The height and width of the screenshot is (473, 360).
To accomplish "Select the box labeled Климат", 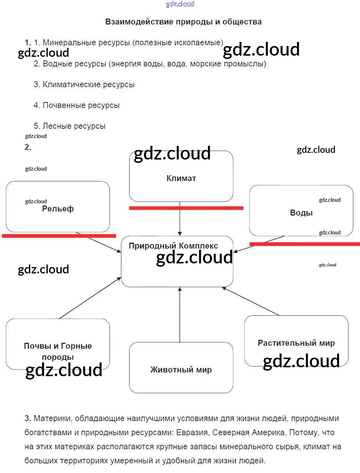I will pos(181,178).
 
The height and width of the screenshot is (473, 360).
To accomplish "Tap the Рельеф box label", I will pos(58,209).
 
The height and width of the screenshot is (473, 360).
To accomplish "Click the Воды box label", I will pos(301,213).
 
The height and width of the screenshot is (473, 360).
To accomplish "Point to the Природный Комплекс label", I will pos(173,246).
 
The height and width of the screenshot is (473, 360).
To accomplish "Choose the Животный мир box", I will pos(181,369).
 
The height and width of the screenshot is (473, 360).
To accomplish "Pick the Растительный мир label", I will pos(296,343).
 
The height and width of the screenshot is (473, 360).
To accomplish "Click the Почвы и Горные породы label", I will pos(58,351).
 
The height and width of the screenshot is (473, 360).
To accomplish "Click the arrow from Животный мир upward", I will pos(180,315).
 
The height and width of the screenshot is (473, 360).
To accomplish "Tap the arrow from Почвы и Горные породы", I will pos(90,298).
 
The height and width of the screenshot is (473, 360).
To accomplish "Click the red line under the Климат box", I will pos(186,208).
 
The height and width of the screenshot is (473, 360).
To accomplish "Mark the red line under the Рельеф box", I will pos(59,236).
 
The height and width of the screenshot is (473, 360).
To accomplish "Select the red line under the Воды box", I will pos(304,244).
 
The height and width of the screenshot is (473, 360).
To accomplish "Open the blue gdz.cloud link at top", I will pos(180,4).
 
